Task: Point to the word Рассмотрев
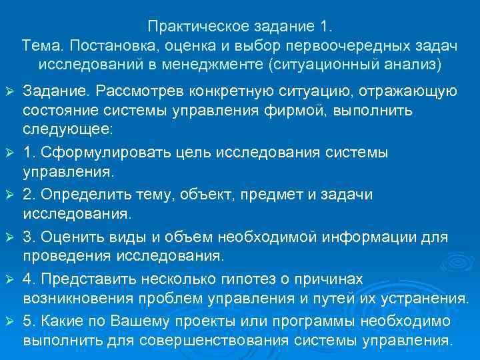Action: pyautogui.click(x=133, y=91)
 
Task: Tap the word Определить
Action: pyautogui.click(x=80, y=194)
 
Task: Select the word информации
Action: pyautogui.click(x=376, y=236)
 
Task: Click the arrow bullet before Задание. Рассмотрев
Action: pyautogui.click(x=9, y=91)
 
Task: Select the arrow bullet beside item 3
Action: pyautogui.click(x=9, y=237)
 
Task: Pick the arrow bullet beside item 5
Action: pyautogui.click(x=9, y=321)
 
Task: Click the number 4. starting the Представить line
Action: pyautogui.click(x=30, y=278)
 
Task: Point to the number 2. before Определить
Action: pyautogui.click(x=30, y=194)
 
